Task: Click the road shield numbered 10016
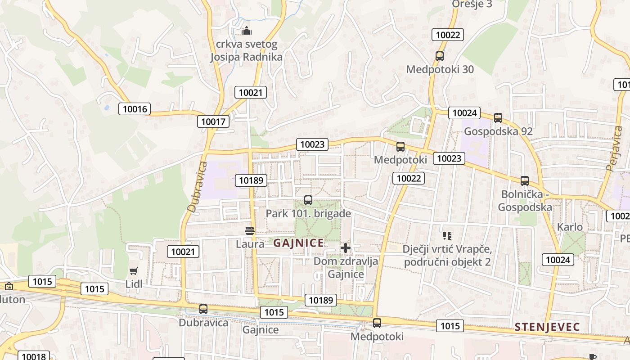point(135,109)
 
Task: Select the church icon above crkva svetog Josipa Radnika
point(246,31)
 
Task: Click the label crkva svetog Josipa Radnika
point(246,50)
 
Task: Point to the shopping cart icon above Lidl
point(133,271)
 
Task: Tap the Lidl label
point(134,284)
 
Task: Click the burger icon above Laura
point(250,231)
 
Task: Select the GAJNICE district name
point(298,243)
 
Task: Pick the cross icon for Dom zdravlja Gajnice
point(346,248)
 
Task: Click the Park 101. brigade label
point(308,213)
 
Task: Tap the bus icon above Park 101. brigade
point(308,200)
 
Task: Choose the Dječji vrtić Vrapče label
point(447,255)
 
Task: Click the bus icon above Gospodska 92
point(498,118)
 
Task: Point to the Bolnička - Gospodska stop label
point(525,201)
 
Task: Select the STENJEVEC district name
point(547,327)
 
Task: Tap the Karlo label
point(570,227)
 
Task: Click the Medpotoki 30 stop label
point(440,69)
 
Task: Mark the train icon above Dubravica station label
point(203,309)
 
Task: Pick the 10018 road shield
point(34,356)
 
